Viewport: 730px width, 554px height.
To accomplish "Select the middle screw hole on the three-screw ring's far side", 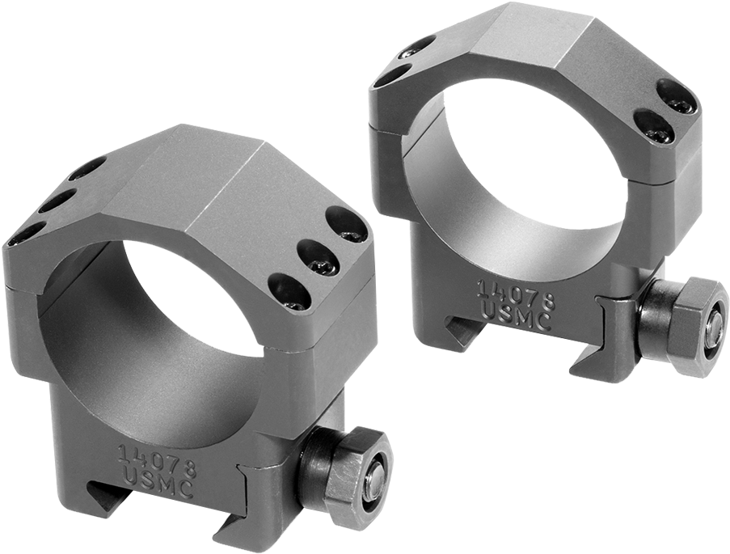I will [56, 199].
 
